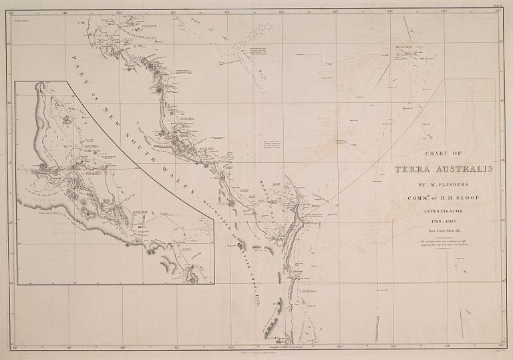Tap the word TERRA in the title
tap(418, 170)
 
